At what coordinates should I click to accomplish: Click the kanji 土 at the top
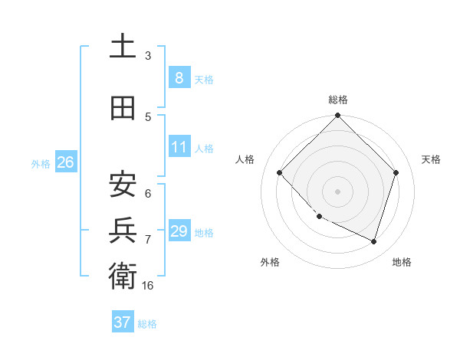[123, 46]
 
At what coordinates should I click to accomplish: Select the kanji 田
[123, 108]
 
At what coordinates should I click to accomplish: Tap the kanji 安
[123, 184]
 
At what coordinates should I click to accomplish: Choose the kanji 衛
[123, 274]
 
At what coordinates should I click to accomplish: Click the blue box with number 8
[179, 77]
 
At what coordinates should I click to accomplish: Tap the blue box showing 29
[179, 231]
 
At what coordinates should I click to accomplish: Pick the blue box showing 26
[65, 162]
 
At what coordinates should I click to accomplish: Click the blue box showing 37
[122, 322]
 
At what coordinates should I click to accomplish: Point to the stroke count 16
[148, 285]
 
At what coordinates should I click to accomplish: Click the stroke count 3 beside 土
[148, 56]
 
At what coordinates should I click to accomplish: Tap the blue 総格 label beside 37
[147, 324]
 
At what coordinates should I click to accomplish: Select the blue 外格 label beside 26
[41, 164]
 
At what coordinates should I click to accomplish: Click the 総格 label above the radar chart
[338, 100]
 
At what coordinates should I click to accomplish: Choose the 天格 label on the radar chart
[432, 159]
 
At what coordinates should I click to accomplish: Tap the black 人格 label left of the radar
[245, 159]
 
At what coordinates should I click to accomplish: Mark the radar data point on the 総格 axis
[337, 116]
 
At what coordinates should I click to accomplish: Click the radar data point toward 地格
[374, 241]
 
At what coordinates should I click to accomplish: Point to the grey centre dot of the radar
[337, 191]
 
